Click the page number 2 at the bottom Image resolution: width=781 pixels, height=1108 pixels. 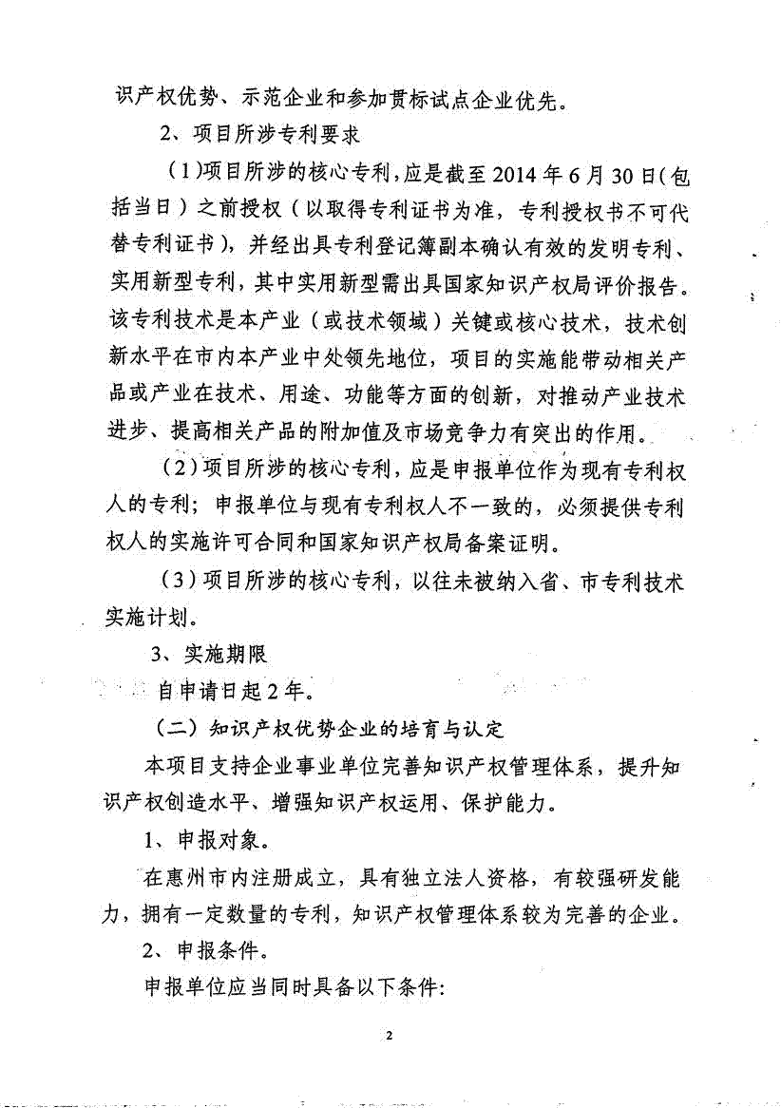390,1035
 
